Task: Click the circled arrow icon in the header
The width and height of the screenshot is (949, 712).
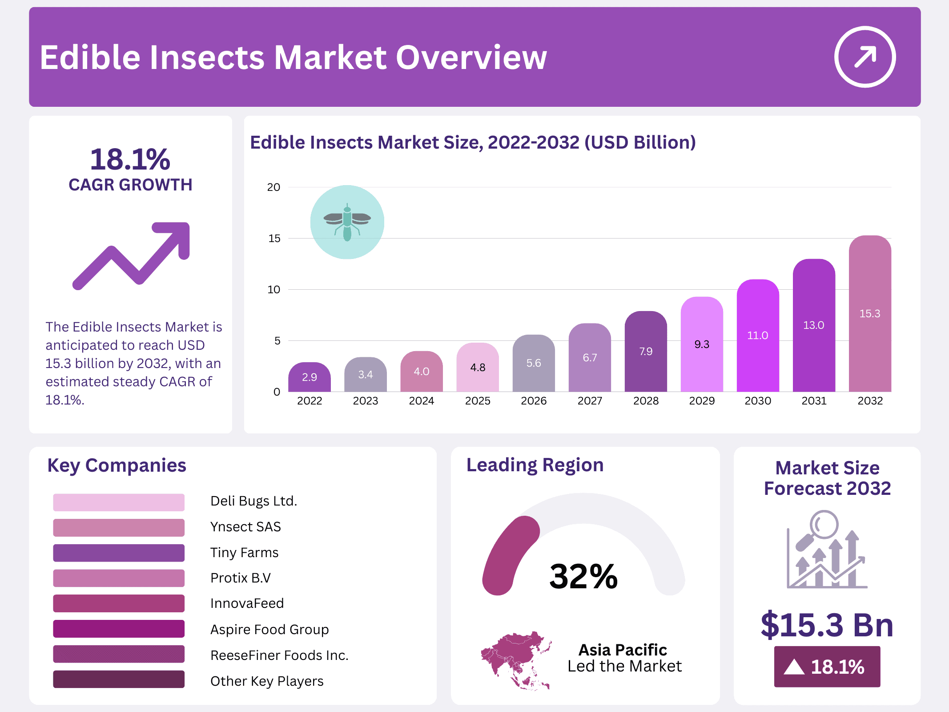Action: click(865, 57)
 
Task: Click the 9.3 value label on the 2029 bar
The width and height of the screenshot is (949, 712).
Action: click(701, 344)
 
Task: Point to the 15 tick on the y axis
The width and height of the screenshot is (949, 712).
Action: click(274, 239)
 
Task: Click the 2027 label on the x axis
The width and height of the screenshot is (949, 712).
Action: click(590, 401)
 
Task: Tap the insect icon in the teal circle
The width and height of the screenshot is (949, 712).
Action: click(347, 222)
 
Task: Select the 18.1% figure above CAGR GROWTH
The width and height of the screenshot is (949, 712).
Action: click(130, 159)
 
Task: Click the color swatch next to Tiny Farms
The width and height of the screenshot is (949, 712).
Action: click(119, 553)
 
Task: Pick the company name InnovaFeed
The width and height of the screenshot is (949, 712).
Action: click(247, 603)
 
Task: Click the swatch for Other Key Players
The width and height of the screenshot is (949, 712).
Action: click(119, 680)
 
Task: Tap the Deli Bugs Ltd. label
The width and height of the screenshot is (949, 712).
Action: click(253, 501)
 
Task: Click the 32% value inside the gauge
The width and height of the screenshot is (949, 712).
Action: click(583, 577)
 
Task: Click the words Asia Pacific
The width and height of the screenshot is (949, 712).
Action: click(623, 650)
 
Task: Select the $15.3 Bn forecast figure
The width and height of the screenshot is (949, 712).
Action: click(827, 625)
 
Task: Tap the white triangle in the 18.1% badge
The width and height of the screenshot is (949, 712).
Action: click(794, 667)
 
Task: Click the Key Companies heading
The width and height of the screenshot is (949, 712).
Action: click(117, 465)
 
